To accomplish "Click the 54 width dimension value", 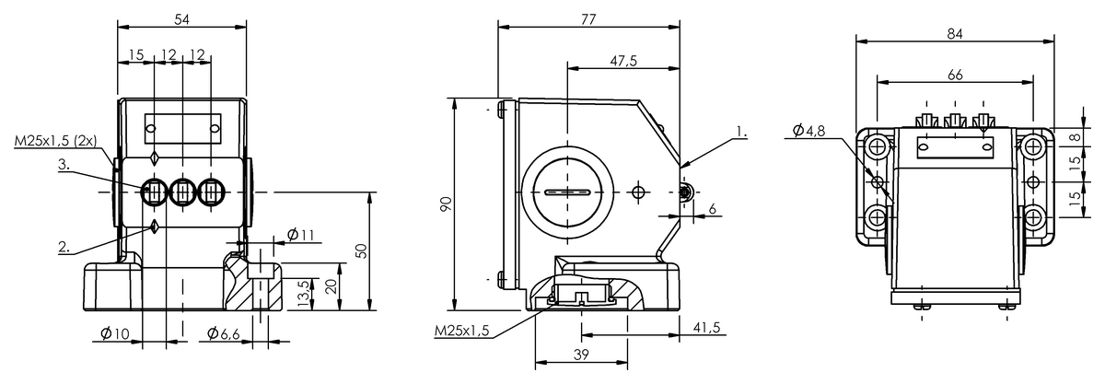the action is [182, 19].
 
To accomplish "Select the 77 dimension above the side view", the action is [588, 19].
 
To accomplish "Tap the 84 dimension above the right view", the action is [955, 33].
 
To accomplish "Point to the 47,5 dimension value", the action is [623, 61].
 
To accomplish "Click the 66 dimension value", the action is [955, 75].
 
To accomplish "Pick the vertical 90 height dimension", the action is [446, 204].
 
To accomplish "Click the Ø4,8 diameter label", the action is [808, 131].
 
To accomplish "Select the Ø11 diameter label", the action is [300, 235].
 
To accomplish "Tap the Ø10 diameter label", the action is [114, 333].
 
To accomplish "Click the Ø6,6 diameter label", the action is [223, 333].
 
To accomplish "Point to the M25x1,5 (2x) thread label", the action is [55, 141].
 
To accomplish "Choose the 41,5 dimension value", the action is [706, 327].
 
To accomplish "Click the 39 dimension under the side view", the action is [582, 355].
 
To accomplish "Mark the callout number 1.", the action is [741, 132].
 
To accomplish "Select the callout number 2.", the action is [64, 247].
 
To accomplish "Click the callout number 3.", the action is [64, 164].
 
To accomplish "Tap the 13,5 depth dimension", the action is [305, 294].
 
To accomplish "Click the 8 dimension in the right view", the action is [1076, 137].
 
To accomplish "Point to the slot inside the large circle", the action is [567, 192].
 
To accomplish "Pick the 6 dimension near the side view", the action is [712, 209].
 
